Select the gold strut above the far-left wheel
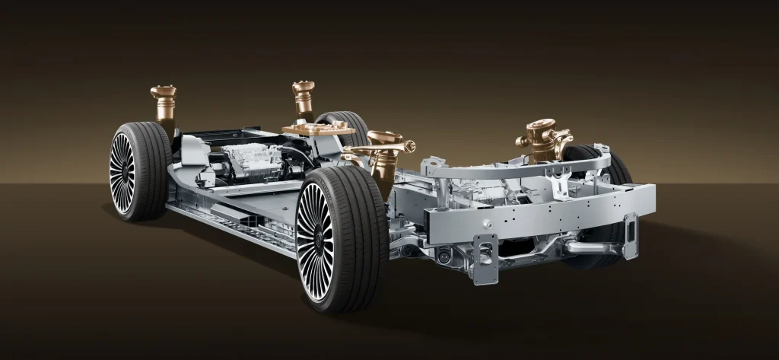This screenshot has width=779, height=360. pyautogui.click(x=164, y=103)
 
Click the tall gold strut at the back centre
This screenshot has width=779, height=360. pyautogui.click(x=303, y=99)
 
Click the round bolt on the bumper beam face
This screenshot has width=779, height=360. pyautogui.click(x=487, y=223)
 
